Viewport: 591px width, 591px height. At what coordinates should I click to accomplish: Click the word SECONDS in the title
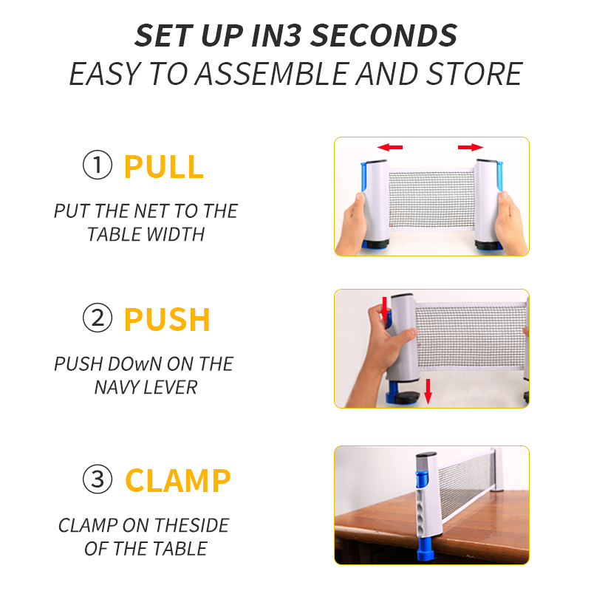tap(384, 35)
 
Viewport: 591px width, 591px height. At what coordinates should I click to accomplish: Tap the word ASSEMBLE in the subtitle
tap(272, 74)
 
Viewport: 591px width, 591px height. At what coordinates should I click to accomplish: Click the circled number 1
tap(98, 165)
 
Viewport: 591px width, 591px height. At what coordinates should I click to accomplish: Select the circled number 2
tap(98, 318)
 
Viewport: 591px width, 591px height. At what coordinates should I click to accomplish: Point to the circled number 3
tap(98, 479)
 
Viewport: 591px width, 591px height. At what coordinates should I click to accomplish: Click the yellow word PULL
tap(164, 167)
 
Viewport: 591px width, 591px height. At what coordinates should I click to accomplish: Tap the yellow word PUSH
tap(167, 320)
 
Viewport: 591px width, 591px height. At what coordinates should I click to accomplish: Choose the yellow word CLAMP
tap(177, 480)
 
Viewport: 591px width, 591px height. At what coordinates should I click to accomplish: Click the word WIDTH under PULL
tap(175, 234)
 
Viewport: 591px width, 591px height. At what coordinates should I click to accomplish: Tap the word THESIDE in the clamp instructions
tap(191, 525)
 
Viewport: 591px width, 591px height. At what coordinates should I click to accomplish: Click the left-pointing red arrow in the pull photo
tap(390, 147)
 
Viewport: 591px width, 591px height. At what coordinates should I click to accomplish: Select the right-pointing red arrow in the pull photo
tap(471, 147)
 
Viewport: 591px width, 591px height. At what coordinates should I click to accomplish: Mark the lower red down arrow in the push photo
tap(428, 392)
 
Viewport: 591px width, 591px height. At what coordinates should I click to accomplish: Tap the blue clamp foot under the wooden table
tap(426, 551)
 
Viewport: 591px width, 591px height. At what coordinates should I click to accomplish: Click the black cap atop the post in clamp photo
tap(426, 455)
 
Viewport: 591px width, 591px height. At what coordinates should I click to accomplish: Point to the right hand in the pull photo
tap(510, 222)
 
